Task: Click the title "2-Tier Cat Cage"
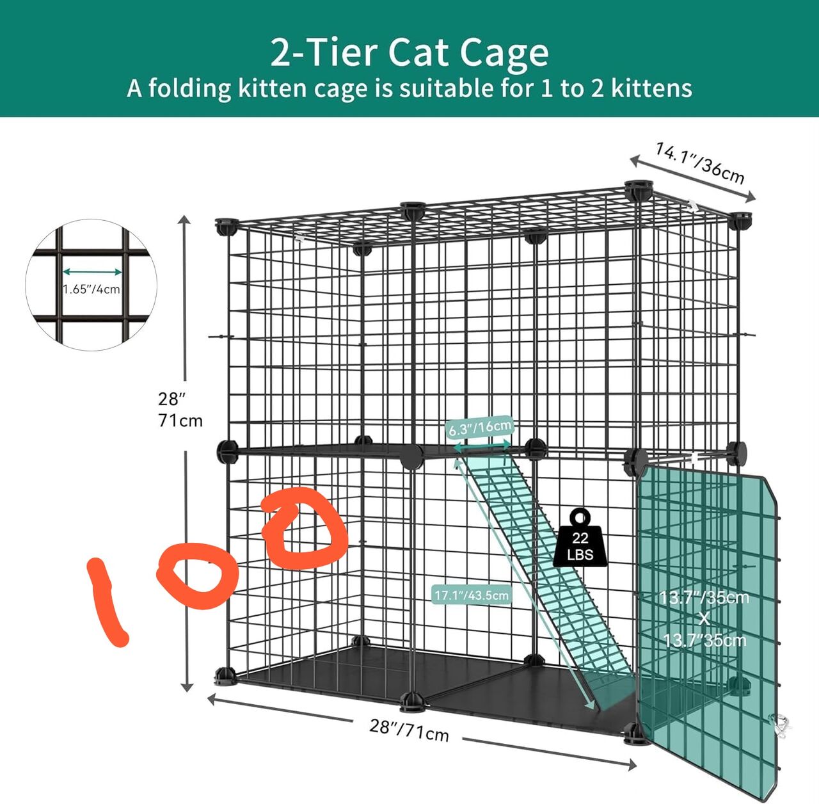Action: click(409, 52)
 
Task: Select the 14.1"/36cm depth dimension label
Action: click(700, 164)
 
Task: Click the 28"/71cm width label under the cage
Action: click(409, 730)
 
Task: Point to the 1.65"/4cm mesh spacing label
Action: click(91, 290)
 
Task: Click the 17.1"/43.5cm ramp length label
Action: click(472, 595)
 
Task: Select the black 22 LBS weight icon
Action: click(580, 540)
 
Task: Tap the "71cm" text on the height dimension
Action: click(180, 421)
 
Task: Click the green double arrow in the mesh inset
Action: click(92, 272)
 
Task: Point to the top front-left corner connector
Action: click(226, 227)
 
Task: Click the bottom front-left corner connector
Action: click(225, 676)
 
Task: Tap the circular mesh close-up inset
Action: click(91, 285)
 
